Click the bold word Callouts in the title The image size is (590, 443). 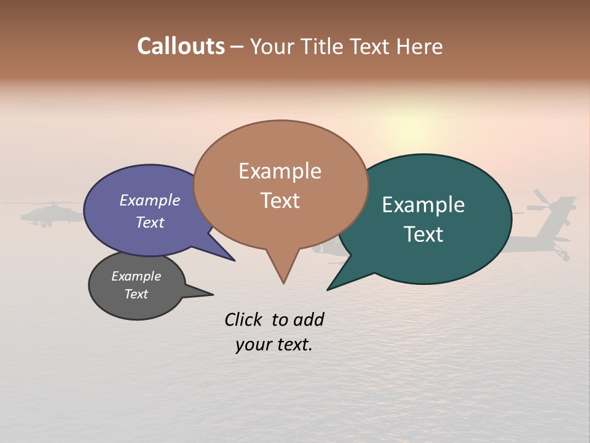(x=181, y=46)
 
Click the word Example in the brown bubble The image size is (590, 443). (x=280, y=171)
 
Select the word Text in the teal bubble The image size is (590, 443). (x=423, y=234)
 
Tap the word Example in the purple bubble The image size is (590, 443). (x=150, y=201)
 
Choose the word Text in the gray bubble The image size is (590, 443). (x=136, y=294)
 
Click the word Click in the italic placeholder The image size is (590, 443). (x=244, y=319)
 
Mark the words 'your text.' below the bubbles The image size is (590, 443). (x=273, y=345)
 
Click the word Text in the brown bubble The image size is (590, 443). (x=280, y=201)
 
